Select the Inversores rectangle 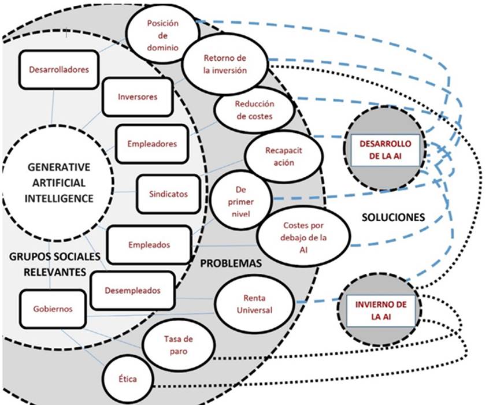tap(137, 96)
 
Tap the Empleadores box tap(153, 143)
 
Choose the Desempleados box tap(132, 291)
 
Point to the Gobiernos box tap(53, 309)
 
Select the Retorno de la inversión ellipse tap(225, 64)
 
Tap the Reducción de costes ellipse tap(253, 110)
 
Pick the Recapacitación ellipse tap(281, 157)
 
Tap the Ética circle tap(127, 378)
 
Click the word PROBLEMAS tap(231, 263)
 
